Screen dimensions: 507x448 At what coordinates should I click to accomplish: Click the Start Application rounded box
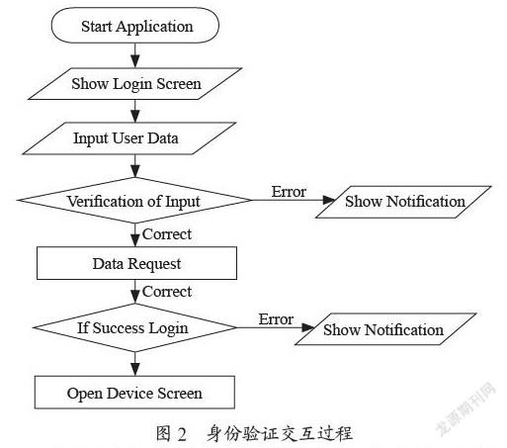coord(135,26)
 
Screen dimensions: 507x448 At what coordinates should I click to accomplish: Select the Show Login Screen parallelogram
coord(135,84)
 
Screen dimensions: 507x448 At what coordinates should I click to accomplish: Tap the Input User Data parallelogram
coord(129,138)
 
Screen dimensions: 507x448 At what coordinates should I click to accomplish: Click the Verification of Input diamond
coord(134,200)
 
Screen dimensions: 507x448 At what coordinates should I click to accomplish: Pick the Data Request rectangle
coord(136,263)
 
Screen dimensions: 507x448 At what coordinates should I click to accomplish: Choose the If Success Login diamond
coord(134,327)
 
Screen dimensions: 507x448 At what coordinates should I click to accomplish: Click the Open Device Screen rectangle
coord(134,393)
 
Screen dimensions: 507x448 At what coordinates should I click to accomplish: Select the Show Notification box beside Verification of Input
coord(403,202)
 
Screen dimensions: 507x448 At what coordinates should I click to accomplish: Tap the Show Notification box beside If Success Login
coord(385,329)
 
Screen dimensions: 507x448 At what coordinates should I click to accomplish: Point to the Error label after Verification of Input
coord(289,192)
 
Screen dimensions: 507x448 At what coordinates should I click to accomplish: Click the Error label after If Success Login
coord(276,319)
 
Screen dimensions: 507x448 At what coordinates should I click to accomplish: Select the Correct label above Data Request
coord(167,234)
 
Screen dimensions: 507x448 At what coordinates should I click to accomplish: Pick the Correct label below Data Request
coord(167,292)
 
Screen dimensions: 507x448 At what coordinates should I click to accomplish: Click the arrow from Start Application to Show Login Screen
coord(135,55)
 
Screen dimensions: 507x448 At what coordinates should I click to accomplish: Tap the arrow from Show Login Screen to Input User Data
coord(135,111)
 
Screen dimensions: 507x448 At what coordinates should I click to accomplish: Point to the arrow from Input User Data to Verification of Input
coord(135,166)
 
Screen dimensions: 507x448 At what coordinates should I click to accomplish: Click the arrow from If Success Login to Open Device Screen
coord(135,364)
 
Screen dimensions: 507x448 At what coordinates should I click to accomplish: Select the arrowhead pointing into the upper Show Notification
coord(329,200)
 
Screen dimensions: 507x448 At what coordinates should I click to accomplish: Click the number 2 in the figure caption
coord(182,434)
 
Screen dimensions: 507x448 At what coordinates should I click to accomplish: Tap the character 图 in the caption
coord(163,433)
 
